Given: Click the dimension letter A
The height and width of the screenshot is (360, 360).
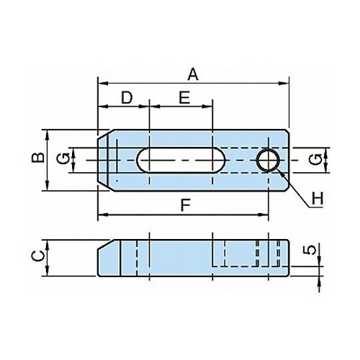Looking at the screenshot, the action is pyautogui.click(x=193, y=74).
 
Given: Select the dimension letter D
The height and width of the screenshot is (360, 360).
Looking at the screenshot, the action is pyautogui.click(x=127, y=97).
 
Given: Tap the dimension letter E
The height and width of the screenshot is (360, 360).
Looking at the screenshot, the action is pyautogui.click(x=184, y=97).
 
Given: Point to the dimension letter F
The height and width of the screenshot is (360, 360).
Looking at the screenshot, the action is pyautogui.click(x=186, y=205).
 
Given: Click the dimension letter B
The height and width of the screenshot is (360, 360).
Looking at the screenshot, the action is pyautogui.click(x=38, y=158).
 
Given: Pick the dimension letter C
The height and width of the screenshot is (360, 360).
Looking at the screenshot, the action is pyautogui.click(x=38, y=256).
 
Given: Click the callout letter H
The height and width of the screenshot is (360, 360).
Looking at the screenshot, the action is pyautogui.click(x=318, y=199).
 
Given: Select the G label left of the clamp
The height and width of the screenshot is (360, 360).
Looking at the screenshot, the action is pyautogui.click(x=63, y=159).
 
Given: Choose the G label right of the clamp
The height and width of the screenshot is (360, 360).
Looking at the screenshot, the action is pyautogui.click(x=315, y=160).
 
